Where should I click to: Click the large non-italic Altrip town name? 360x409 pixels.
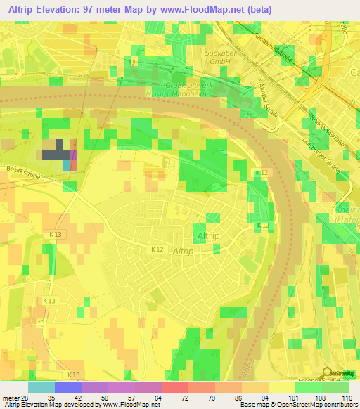pos(209,236)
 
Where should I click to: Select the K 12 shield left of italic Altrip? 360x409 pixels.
pos(157,249)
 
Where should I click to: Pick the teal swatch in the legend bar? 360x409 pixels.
pos(41,387)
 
